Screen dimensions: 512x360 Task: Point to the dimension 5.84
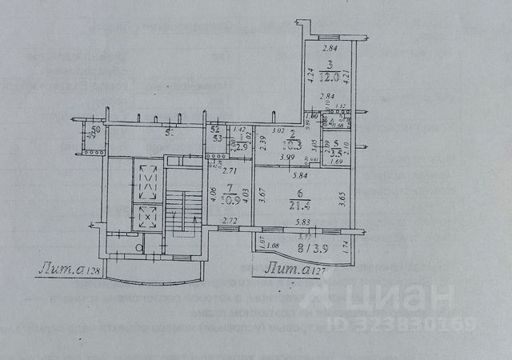[300, 176]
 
